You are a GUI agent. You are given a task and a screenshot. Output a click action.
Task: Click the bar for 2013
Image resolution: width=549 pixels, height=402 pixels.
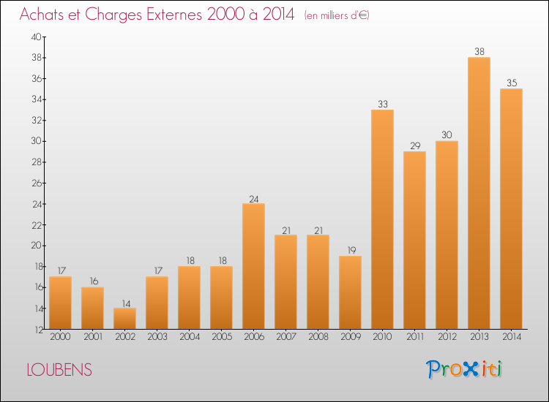point(479,194)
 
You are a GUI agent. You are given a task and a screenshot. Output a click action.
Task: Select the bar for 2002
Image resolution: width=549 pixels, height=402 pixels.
point(124,319)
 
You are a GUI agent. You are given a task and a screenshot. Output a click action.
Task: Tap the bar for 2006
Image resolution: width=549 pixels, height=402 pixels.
point(253,267)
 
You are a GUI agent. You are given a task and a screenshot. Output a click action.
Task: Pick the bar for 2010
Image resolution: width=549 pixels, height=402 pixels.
point(382,219)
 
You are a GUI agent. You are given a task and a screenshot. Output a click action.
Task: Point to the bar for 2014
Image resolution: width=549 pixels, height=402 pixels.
point(511,209)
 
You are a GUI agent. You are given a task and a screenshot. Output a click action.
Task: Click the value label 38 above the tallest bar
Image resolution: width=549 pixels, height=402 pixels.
point(479,52)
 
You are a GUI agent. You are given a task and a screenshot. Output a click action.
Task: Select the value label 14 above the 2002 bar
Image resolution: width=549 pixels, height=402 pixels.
point(124,303)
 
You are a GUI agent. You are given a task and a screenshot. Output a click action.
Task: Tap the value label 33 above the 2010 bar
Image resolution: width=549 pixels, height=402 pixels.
point(382,105)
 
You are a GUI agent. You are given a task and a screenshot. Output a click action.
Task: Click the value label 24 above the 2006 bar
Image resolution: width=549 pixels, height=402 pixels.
point(253,198)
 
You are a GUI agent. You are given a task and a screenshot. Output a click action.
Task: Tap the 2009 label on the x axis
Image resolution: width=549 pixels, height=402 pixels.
point(350,338)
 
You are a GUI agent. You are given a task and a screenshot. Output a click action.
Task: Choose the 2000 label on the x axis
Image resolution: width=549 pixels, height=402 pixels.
point(60,338)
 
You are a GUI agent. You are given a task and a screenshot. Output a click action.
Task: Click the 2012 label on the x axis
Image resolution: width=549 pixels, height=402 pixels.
point(447,338)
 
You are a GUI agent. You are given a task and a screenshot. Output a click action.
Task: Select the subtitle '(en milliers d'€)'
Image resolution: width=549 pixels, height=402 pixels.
point(336,15)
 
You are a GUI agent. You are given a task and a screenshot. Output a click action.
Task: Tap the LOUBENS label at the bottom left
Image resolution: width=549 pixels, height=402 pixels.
point(59,370)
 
